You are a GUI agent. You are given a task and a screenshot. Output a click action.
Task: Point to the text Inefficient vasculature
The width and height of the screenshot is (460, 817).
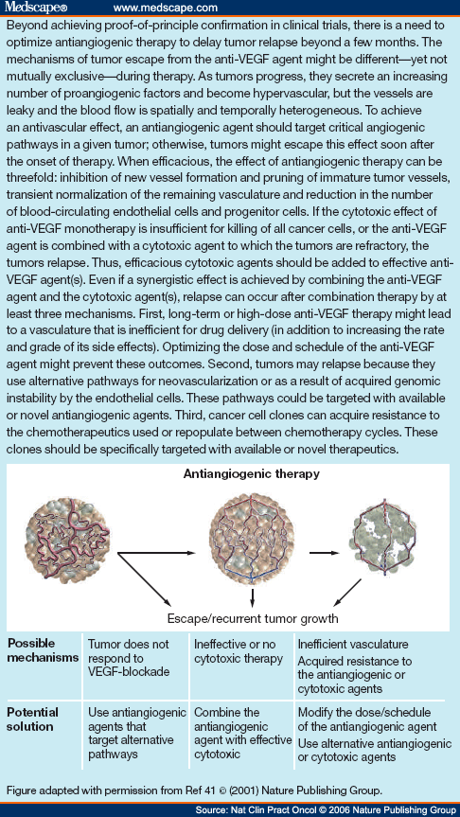point(356,643)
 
